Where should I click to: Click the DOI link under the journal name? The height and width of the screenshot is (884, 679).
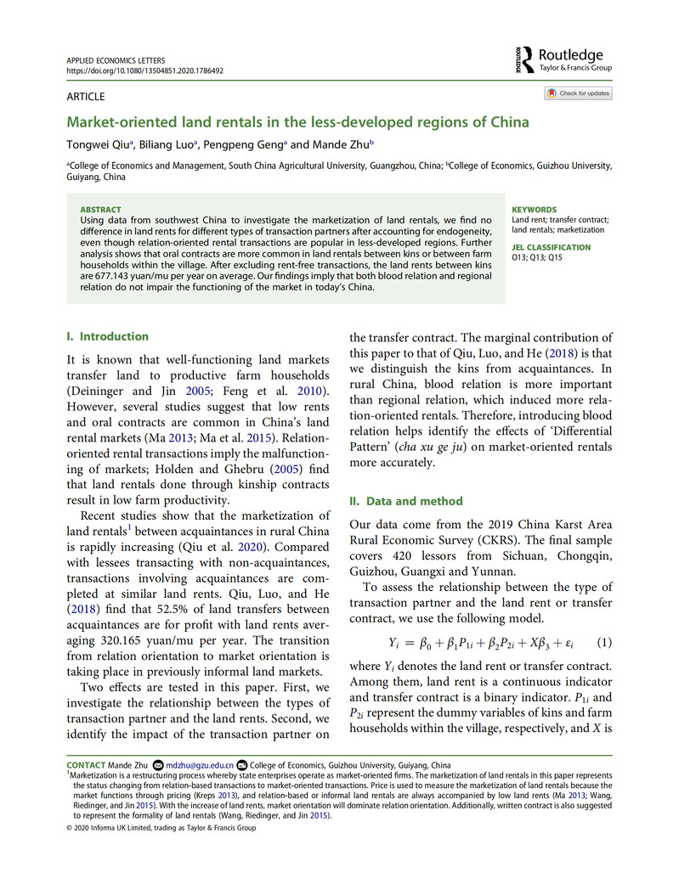(x=144, y=71)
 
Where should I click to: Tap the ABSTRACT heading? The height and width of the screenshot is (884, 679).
(x=100, y=210)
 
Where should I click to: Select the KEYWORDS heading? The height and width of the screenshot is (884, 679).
(x=535, y=210)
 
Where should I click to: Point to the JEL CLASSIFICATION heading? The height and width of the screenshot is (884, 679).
(x=551, y=247)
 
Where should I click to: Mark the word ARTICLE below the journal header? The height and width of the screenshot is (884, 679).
(x=85, y=97)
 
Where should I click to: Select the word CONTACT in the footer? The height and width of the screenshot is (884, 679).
(x=86, y=765)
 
